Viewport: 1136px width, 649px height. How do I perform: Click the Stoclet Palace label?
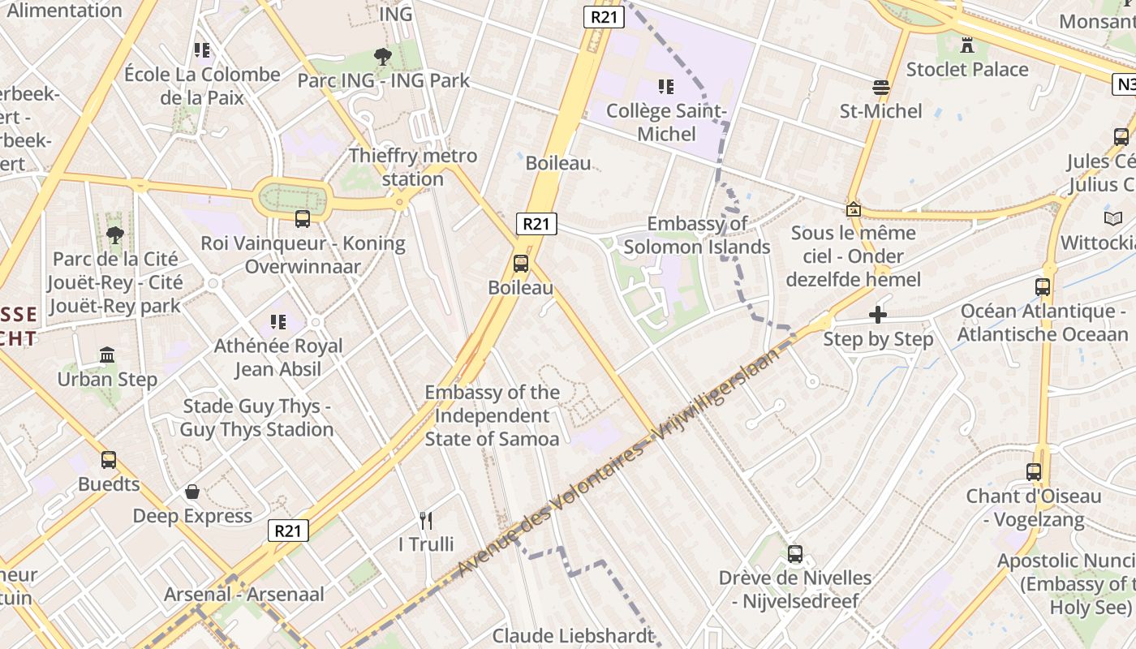tap(967, 69)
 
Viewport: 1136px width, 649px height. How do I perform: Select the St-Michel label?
tap(880, 110)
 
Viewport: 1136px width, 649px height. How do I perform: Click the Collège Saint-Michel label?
tap(666, 122)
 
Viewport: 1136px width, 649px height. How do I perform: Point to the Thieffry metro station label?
tap(412, 166)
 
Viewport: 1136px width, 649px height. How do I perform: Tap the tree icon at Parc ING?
tap(382, 57)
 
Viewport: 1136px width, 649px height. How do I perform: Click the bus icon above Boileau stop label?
tap(521, 264)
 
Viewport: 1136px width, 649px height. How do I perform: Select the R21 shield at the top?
tap(603, 18)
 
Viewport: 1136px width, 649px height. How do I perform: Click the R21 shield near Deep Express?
tap(288, 531)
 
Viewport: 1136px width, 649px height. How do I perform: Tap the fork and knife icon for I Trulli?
tap(426, 520)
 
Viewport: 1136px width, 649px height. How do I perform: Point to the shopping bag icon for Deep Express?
tap(192, 492)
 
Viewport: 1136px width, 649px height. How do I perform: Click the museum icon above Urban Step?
tap(107, 355)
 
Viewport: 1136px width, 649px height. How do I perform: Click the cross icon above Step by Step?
tap(878, 315)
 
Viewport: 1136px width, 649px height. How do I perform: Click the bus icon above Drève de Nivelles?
tap(795, 554)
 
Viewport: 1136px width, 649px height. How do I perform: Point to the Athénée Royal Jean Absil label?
tap(278, 357)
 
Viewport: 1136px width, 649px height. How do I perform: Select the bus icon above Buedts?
tap(109, 460)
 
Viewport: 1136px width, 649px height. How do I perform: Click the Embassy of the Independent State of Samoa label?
tap(493, 415)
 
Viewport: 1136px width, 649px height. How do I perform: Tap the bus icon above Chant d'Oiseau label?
tap(1034, 471)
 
